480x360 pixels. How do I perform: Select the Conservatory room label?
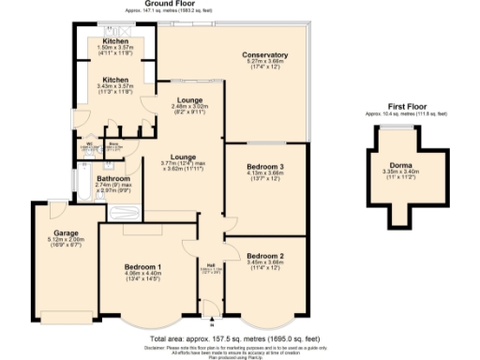click(x=264, y=55)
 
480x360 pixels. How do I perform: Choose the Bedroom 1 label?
click(x=142, y=266)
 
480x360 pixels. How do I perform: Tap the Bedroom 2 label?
click(x=264, y=255)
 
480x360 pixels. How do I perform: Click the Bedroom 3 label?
click(x=264, y=166)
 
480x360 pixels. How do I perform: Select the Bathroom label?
click(x=112, y=178)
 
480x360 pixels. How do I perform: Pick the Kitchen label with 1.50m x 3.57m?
click(x=115, y=43)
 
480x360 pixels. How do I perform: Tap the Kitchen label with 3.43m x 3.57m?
click(x=115, y=80)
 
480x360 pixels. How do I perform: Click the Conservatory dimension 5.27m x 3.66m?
click(x=264, y=63)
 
